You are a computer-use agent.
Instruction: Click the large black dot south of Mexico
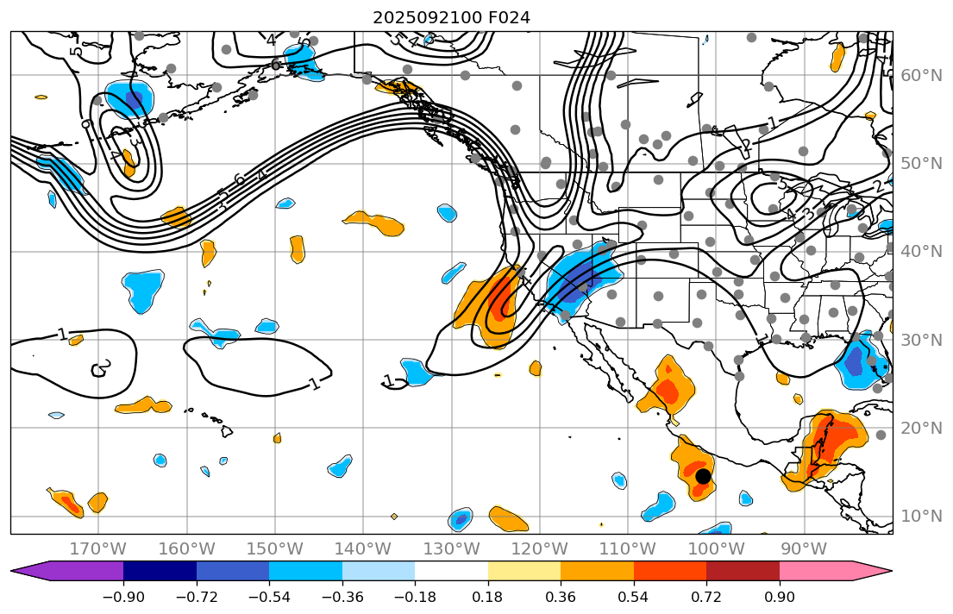tap(703, 476)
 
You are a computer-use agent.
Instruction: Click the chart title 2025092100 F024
tap(451, 17)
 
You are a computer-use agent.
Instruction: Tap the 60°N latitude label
tap(921, 76)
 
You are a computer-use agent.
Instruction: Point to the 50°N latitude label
tap(921, 164)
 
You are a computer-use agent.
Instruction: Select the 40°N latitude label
tap(921, 252)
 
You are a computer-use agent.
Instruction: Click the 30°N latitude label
tap(921, 340)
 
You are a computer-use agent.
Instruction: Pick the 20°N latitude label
tap(921, 429)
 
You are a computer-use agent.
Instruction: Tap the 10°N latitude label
tap(921, 517)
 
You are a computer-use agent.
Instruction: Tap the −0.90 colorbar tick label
tap(123, 598)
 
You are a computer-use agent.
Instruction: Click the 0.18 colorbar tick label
tap(488, 598)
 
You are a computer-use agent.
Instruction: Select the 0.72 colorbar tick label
tap(706, 598)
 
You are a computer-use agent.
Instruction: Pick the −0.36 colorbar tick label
tap(342, 598)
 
